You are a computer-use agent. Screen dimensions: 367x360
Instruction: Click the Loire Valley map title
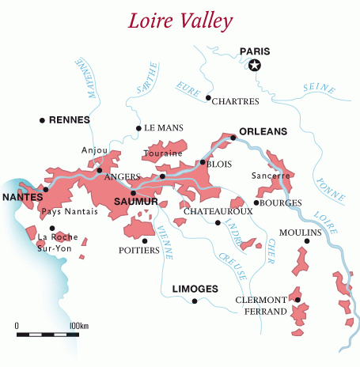[x=179, y=18]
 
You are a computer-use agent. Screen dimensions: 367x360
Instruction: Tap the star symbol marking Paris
[x=254, y=66]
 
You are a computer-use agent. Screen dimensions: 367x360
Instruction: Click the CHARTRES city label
[x=237, y=99]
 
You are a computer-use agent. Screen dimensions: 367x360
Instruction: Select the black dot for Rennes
[x=42, y=120]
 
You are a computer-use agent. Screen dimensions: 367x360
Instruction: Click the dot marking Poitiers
[x=145, y=240]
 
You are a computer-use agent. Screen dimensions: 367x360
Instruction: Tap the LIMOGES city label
[x=195, y=289]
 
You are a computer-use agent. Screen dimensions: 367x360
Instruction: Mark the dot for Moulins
[x=307, y=241]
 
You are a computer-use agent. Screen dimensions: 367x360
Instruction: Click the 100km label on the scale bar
[x=79, y=326]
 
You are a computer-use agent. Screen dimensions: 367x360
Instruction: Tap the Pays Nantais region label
[x=69, y=211]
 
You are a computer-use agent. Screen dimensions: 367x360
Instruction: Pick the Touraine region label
[x=164, y=153]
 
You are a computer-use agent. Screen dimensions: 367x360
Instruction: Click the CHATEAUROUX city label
[x=218, y=212]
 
